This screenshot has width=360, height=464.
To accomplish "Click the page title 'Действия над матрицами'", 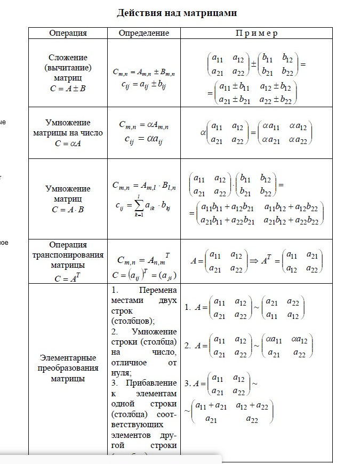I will pos(177,12).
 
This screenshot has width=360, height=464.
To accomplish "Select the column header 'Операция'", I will pos(68,33).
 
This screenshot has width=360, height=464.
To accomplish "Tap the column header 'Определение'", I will pos(143,33).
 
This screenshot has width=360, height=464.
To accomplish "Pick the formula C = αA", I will pos(68,143).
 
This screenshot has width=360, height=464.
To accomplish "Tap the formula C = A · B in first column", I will pos(68,210).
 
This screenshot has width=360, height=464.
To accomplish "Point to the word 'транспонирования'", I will pos(68,254).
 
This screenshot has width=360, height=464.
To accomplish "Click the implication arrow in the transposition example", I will pos(254,261).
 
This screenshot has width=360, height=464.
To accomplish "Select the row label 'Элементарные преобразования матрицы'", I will pos(68,368).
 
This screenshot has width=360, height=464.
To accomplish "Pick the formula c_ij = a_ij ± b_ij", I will pos(143,84).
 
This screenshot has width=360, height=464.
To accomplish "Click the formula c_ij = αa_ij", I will pos(143,139).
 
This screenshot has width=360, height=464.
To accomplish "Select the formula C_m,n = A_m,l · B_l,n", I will pos(143,186).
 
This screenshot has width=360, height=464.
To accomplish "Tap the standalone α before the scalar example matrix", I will pos(204,132).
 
